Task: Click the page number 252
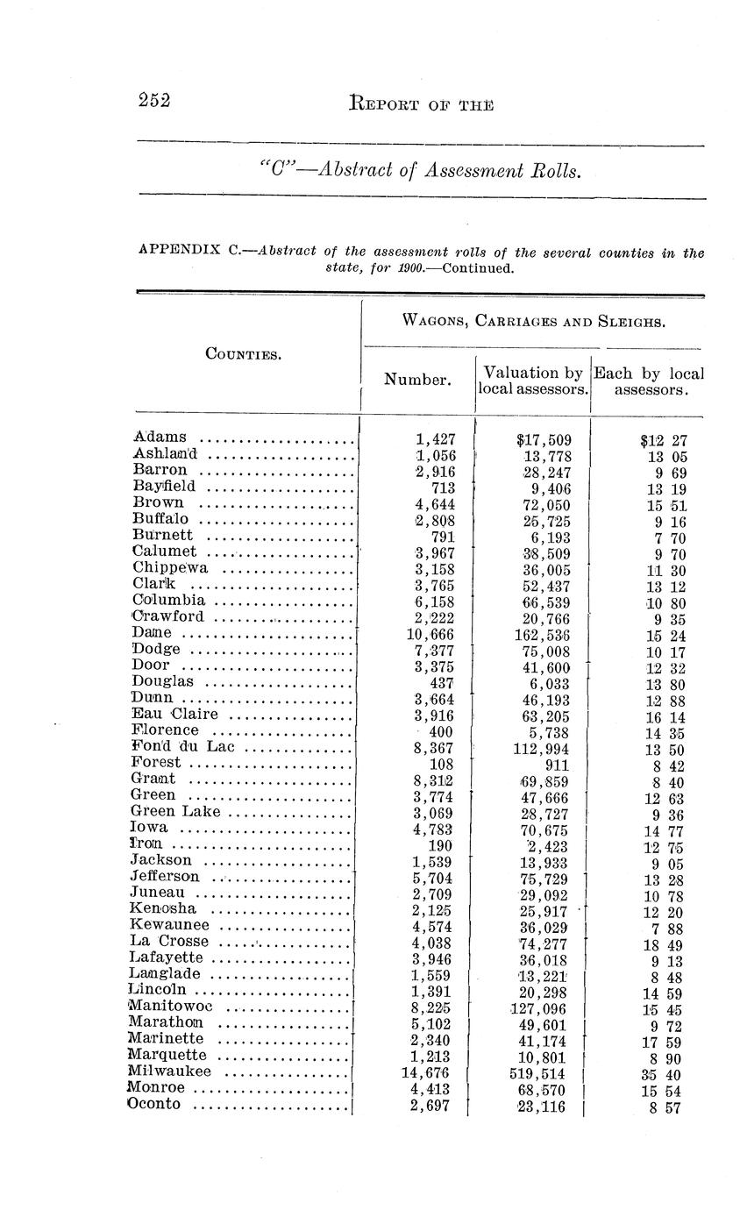click(153, 100)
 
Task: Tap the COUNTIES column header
click(243, 354)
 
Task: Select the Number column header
click(418, 380)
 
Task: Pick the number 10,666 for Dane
click(430, 634)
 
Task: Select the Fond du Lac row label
click(183, 747)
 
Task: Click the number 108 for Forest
click(439, 764)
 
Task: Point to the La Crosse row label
click(168, 942)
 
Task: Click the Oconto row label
click(154, 1104)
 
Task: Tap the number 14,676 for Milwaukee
click(430, 1073)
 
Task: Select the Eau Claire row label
click(174, 714)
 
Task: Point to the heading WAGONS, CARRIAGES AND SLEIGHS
click(533, 320)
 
